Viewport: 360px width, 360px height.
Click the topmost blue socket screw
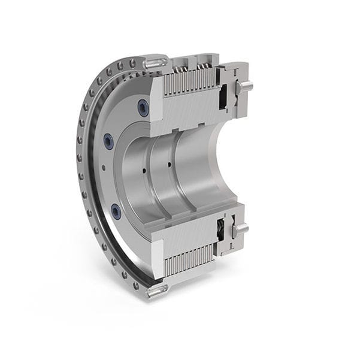point(143,108)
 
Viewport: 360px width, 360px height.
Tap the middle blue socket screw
point(108,141)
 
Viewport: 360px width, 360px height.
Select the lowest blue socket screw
point(116,211)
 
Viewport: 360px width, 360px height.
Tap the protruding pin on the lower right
point(241,228)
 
